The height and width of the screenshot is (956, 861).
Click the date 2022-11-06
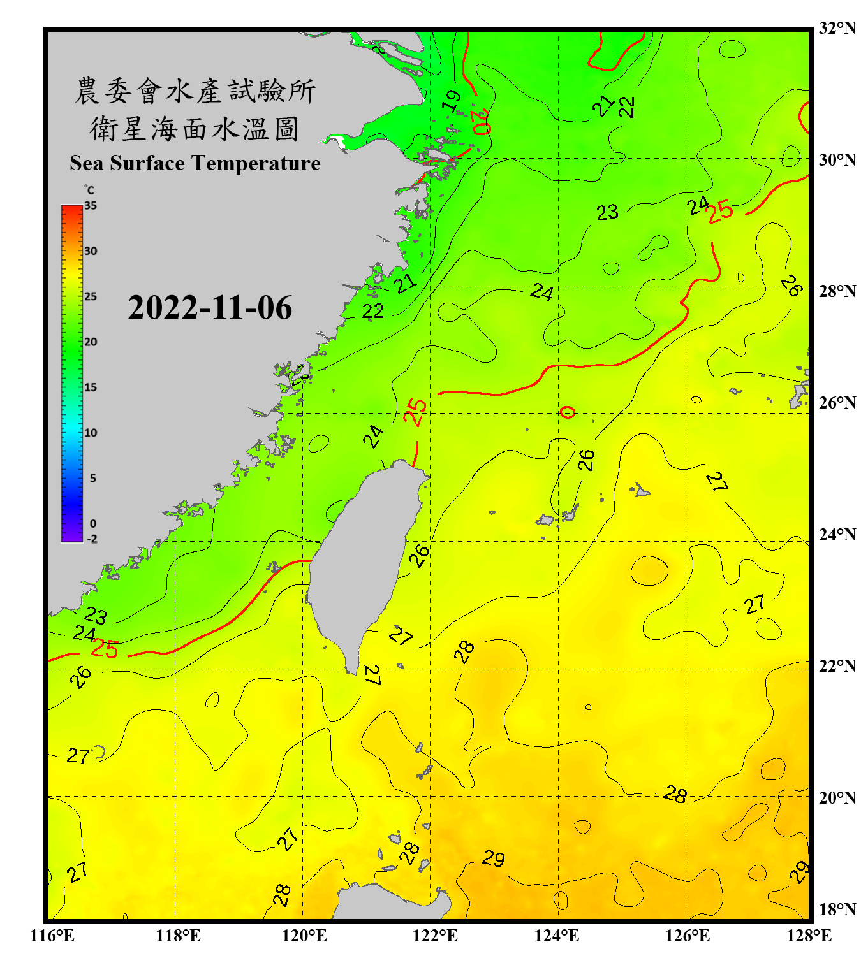coord(210,308)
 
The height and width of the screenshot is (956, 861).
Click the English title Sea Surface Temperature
coord(195,163)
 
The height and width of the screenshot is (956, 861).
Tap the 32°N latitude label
coord(837,28)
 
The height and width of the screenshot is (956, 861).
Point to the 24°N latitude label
coord(837,534)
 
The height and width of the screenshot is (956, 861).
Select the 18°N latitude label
coord(837,909)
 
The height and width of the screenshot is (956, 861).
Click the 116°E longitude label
coord(52,936)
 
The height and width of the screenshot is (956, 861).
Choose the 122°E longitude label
coord(435,936)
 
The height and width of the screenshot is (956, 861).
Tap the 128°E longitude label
coord(809,936)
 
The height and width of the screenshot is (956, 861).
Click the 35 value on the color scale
coord(91,206)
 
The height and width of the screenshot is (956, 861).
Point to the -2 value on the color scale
coord(92,539)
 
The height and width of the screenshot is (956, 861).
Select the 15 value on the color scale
coord(91,387)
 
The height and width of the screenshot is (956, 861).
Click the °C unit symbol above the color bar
coord(89,190)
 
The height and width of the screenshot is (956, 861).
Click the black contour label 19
coord(452,101)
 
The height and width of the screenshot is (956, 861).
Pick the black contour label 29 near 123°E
coord(493,858)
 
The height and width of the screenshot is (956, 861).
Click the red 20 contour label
coord(482,121)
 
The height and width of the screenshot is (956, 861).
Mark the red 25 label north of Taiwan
coord(415,412)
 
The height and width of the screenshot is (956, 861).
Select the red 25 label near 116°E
coord(105,649)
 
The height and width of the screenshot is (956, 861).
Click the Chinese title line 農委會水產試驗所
coord(195,91)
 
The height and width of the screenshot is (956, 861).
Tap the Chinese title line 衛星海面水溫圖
coord(195,129)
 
